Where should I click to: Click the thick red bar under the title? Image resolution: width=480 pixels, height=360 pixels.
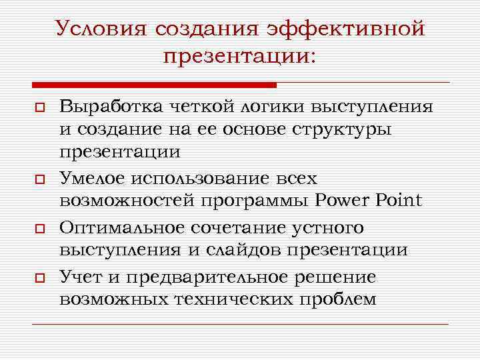coord(154,85)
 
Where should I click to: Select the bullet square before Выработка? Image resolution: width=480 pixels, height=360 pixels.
coord(39,109)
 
